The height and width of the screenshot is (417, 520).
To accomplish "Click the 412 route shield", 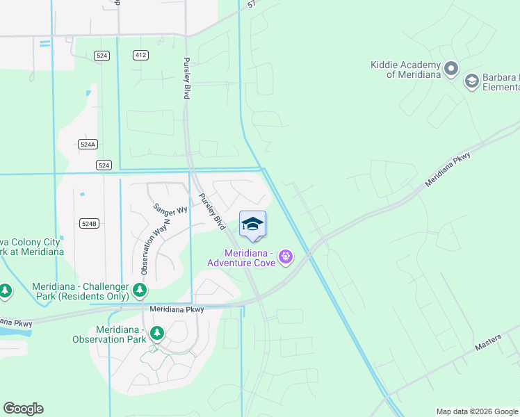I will click(140, 55).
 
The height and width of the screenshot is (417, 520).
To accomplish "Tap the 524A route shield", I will click(88, 145).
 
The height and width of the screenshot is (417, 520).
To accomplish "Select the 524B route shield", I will click(89, 223).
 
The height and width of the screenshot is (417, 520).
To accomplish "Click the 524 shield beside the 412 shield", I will click(103, 55).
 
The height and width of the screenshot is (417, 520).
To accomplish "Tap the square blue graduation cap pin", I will click(252, 224).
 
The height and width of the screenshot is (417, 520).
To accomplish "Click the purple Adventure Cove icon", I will click(285, 257).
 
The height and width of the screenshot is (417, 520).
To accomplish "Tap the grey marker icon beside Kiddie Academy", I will click(451, 68).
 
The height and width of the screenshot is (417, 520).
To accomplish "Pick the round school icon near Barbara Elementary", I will click(472, 81).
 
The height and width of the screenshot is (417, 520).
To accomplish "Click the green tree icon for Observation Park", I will click(158, 334).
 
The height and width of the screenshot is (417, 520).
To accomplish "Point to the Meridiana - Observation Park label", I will click(110, 334).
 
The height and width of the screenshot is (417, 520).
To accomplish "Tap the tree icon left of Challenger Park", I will click(5, 291).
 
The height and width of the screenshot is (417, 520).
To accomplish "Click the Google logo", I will click(24, 409).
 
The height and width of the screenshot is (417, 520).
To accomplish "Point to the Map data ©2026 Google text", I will click(476, 411).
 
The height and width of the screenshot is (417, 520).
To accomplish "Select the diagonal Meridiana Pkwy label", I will click(449, 170).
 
